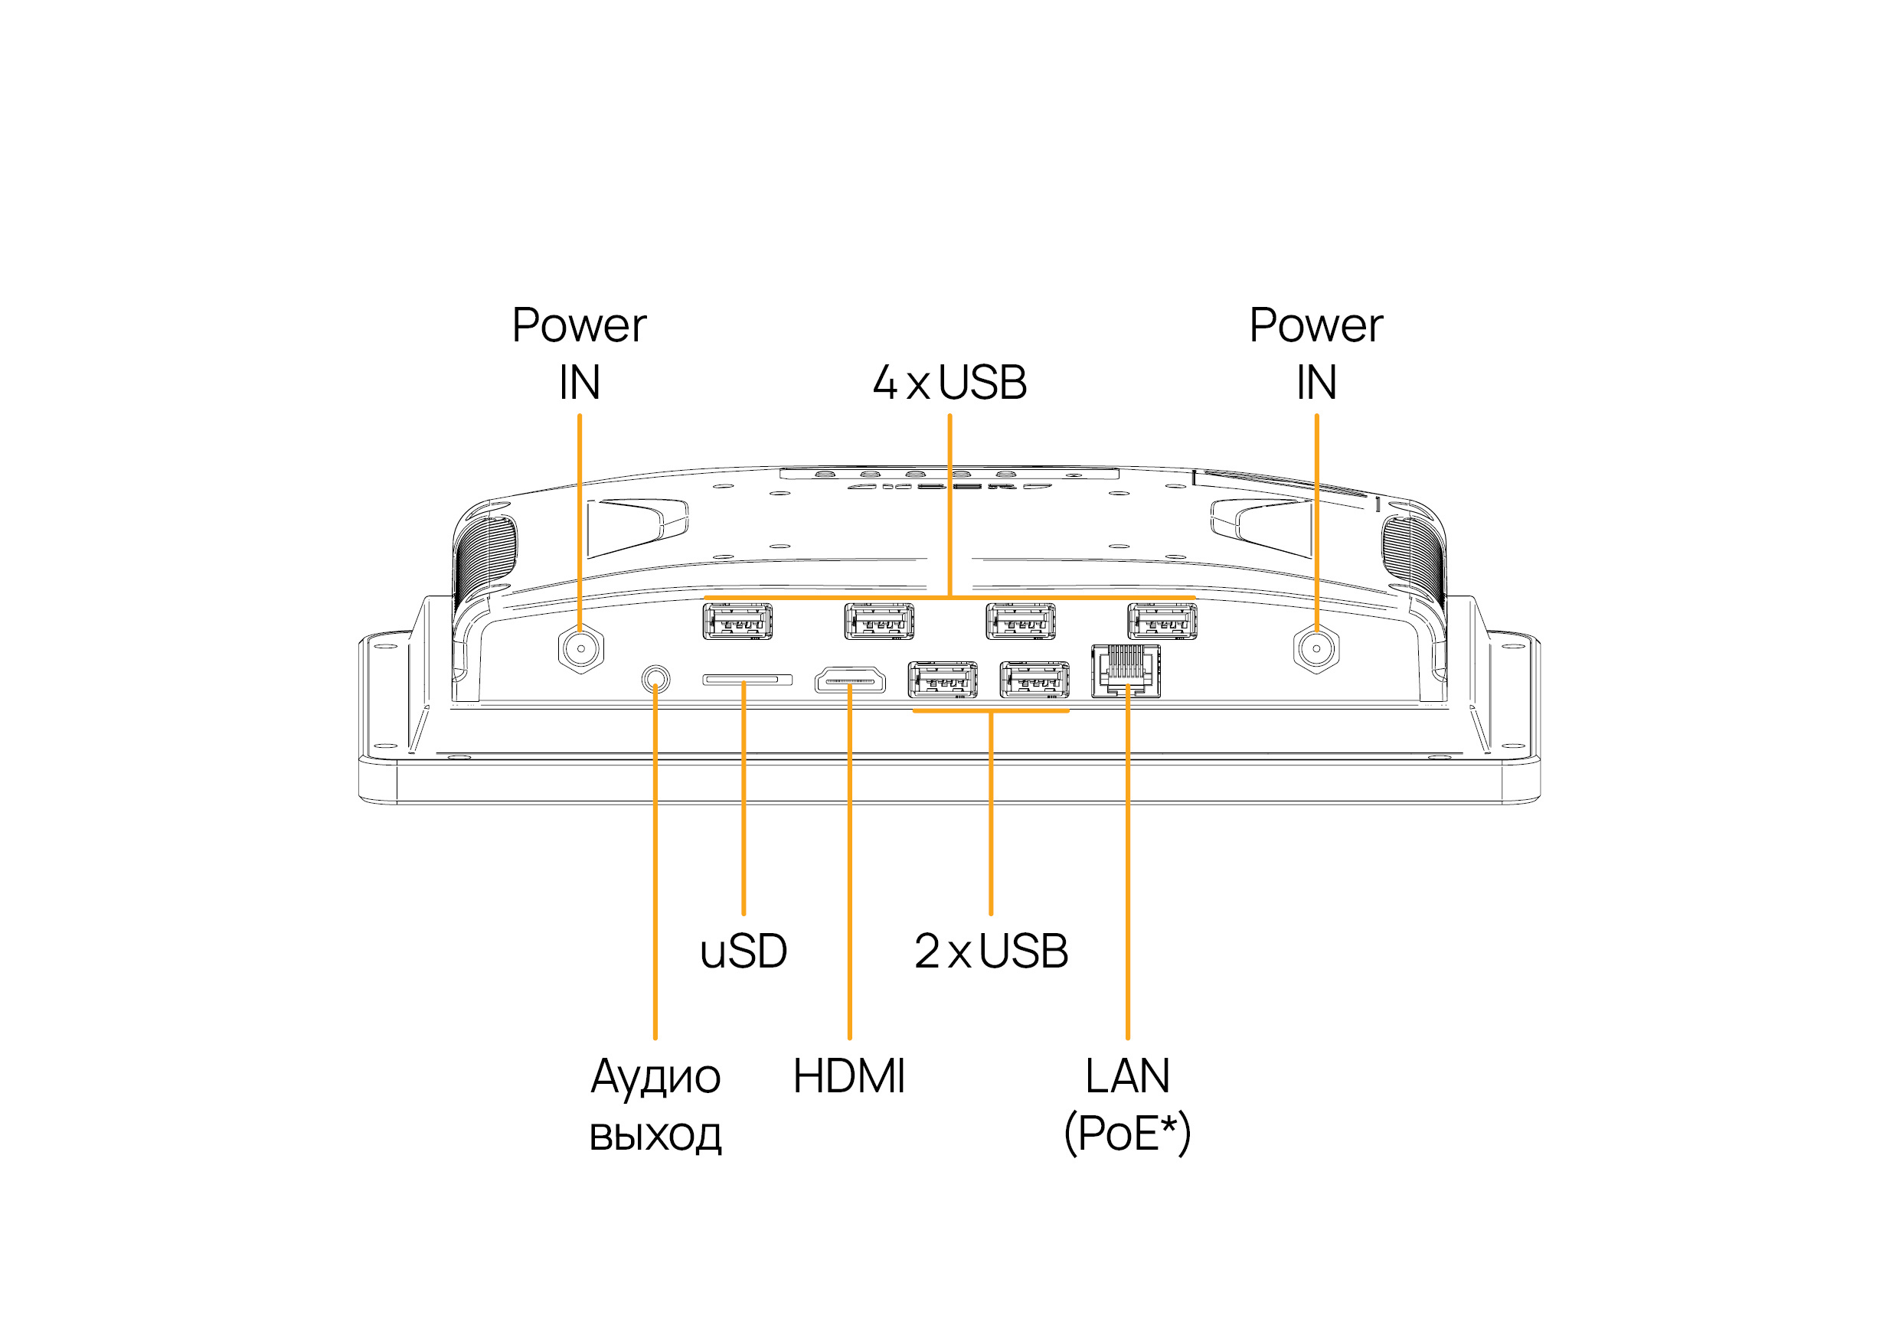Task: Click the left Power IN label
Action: coord(579,353)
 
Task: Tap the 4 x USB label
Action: coord(949,383)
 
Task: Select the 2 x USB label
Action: coord(991,951)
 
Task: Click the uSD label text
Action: coord(743,951)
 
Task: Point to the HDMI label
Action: coord(848,1076)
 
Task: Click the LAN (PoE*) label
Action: coord(1127,1104)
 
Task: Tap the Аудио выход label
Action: coord(655,1104)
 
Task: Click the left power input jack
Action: coord(581,649)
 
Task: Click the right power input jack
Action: coord(1316,649)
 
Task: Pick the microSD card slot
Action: coord(747,680)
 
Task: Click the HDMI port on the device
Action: coord(850,680)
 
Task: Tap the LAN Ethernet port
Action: coord(1126,671)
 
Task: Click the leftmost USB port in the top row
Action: coord(737,622)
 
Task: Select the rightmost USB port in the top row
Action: coord(1162,622)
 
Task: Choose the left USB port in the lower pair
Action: coord(943,680)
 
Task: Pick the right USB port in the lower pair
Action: coord(1034,680)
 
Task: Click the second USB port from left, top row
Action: coord(879,622)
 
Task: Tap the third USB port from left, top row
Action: coord(1021,622)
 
